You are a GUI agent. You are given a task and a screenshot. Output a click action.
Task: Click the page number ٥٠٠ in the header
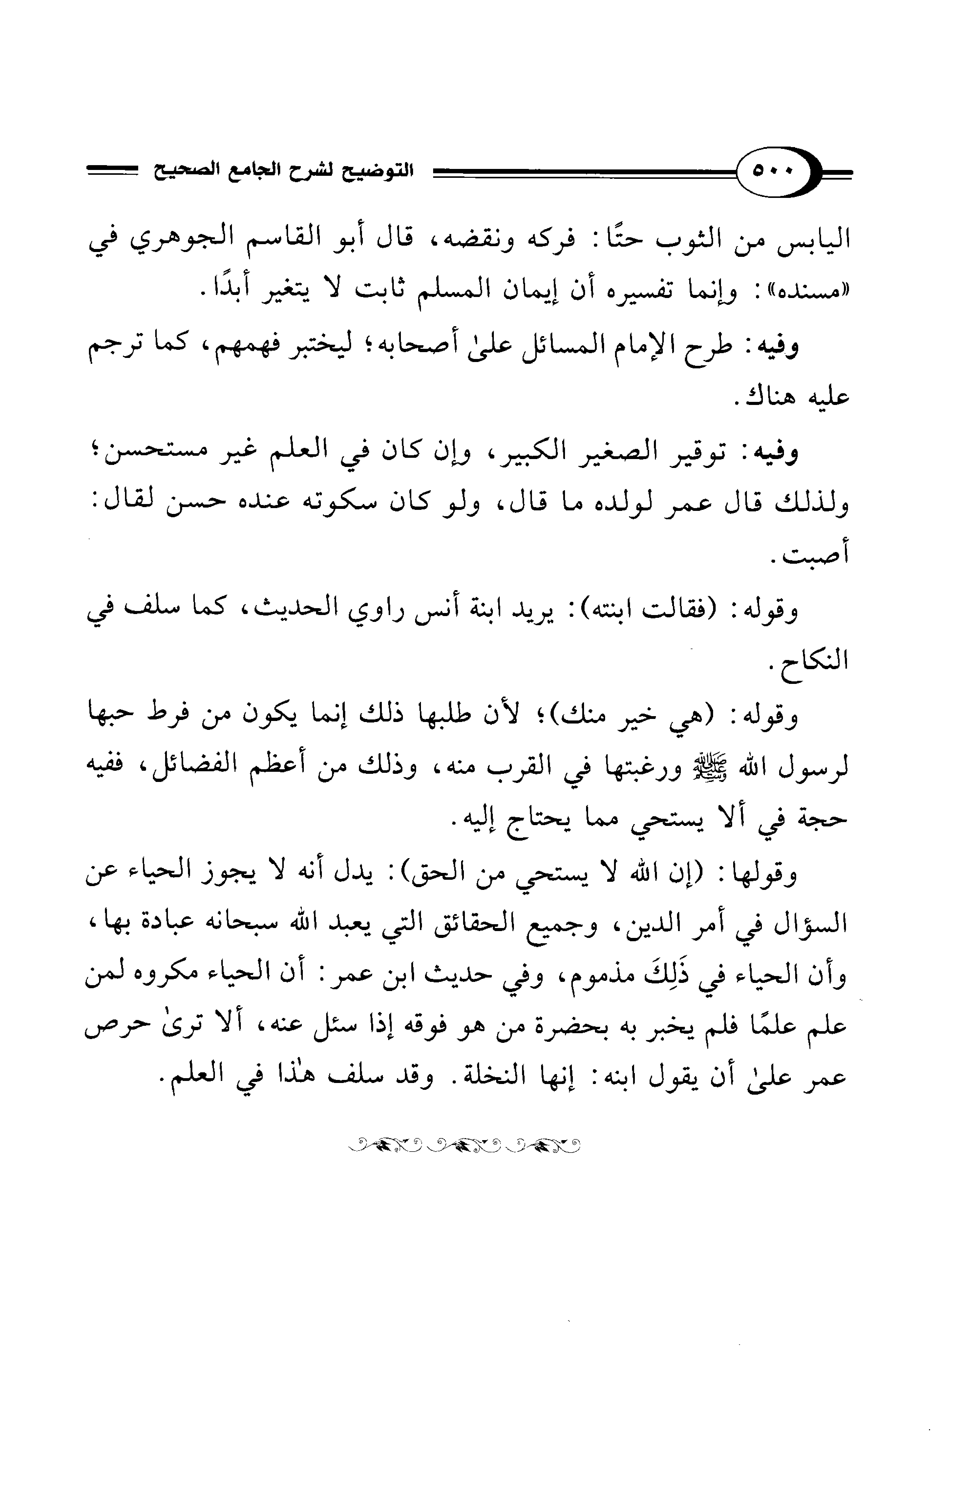(x=772, y=169)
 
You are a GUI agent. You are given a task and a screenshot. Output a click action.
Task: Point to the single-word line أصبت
(x=813, y=554)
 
